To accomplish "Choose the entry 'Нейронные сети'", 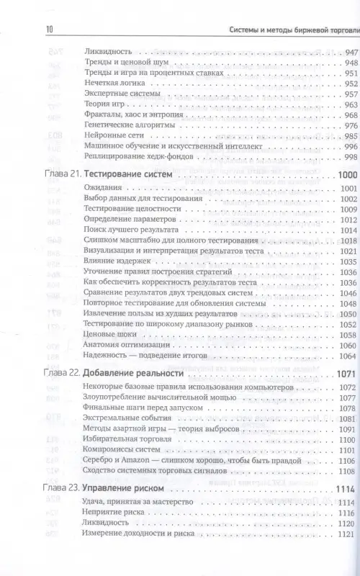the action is [113, 136].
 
